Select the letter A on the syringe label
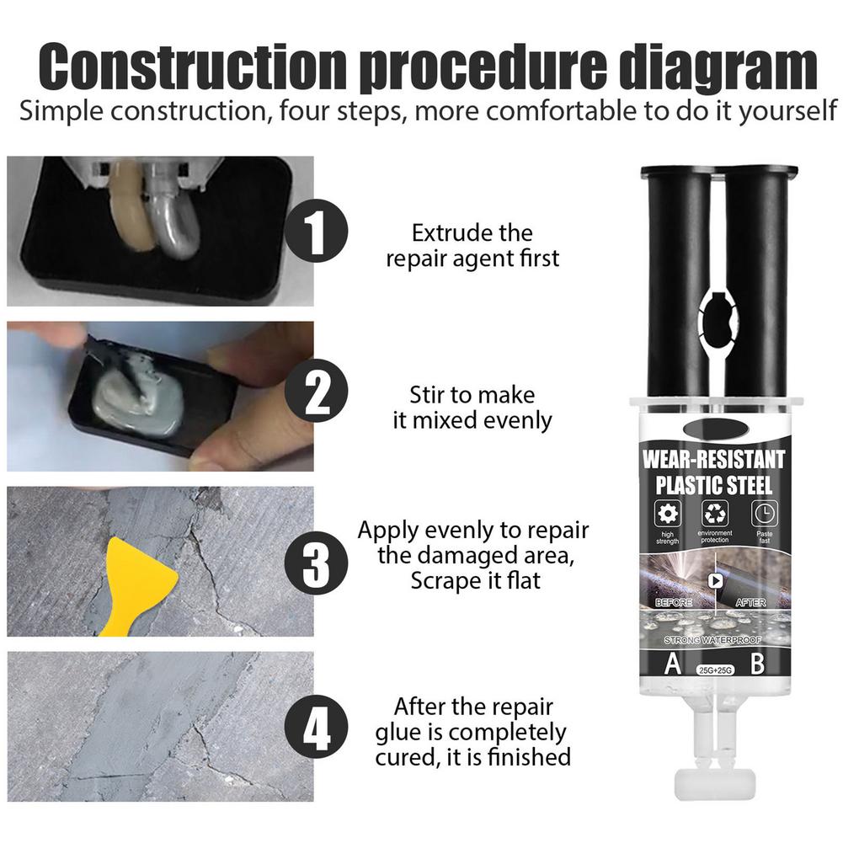click(x=672, y=664)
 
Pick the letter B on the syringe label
click(x=757, y=664)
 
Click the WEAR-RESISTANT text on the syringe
click(x=714, y=460)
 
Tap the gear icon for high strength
click(x=667, y=513)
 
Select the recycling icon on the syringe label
click(x=715, y=513)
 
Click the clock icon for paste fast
click(x=765, y=513)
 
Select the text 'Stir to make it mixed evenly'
click(x=472, y=407)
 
